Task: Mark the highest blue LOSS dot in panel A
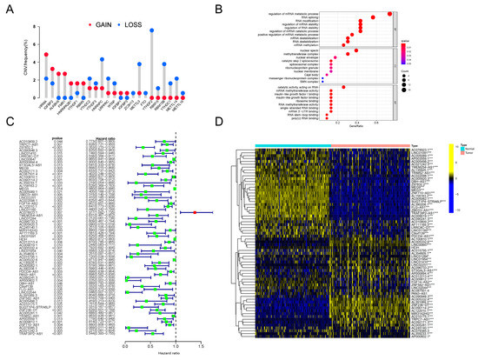(x=151, y=30)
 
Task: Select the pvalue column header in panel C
(x=60, y=137)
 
